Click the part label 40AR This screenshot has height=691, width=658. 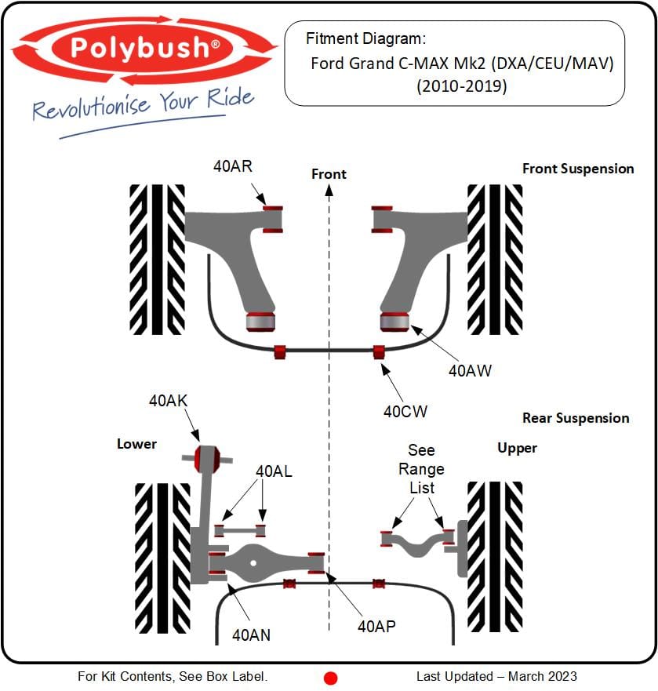coord(233,166)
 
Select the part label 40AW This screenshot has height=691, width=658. coord(470,370)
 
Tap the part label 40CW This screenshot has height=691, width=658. coord(405,410)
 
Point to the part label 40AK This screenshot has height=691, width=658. coord(168,401)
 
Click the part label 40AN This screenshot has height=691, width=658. coord(251,635)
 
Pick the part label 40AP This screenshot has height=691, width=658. coord(376,625)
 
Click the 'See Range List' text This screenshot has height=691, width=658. coord(421,469)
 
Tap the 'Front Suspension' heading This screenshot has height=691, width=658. coord(578,169)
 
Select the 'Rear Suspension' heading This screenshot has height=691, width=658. coord(576,418)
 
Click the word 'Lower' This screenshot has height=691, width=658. coord(136,444)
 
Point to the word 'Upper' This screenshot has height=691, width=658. coord(517,448)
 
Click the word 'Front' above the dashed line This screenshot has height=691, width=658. coord(329,173)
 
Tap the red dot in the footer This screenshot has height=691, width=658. coord(330,678)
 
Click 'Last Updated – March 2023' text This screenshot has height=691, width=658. coord(496,676)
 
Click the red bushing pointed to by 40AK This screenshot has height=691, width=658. coord(207,458)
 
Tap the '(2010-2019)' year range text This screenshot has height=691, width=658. coord(461,86)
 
